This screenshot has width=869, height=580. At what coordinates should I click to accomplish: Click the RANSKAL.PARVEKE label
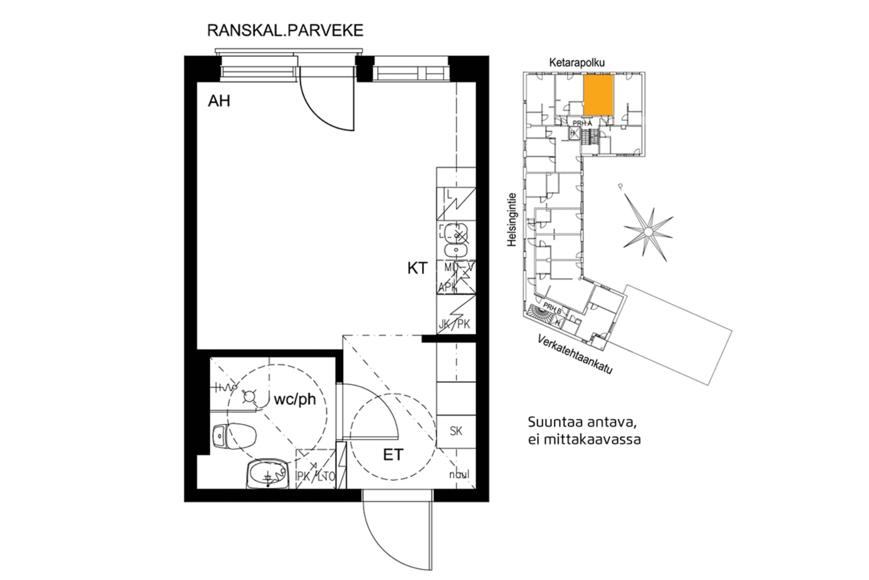pyautogui.click(x=285, y=30)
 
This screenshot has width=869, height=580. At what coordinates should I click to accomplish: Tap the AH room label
pyautogui.click(x=219, y=101)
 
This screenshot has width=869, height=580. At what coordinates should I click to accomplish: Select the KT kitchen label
pyautogui.click(x=417, y=268)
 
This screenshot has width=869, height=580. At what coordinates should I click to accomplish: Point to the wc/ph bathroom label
pyautogui.click(x=295, y=400)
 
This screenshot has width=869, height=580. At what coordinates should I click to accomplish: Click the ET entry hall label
pyautogui.click(x=393, y=455)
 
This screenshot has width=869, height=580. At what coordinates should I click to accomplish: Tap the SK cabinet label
pyautogui.click(x=456, y=431)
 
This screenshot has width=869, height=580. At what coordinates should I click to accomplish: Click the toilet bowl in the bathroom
pyautogui.click(x=235, y=434)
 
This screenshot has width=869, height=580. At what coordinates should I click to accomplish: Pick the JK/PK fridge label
pyautogui.click(x=455, y=324)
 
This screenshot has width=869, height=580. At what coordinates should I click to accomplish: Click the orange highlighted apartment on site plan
pyautogui.click(x=598, y=95)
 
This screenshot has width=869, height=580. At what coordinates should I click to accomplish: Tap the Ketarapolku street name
pyautogui.click(x=576, y=63)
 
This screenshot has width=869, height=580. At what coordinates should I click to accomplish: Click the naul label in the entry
pyautogui.click(x=459, y=475)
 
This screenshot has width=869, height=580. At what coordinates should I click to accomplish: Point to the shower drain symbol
pyautogui.click(x=250, y=397)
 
